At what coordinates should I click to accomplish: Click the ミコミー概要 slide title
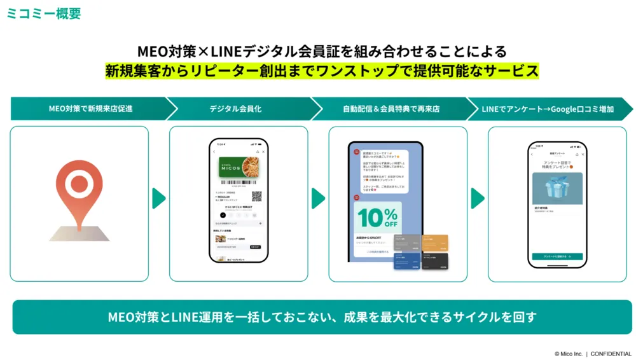click(44, 13)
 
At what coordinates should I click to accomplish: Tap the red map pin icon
click(79, 188)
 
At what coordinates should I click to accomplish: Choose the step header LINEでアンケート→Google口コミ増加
click(551, 109)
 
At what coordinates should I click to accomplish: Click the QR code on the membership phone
click(256, 197)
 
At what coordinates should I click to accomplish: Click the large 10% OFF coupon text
click(377, 218)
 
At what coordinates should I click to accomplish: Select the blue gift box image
click(557, 188)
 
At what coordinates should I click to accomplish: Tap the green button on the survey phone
click(556, 256)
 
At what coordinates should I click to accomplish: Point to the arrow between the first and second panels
click(158, 198)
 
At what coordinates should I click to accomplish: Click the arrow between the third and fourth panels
click(477, 198)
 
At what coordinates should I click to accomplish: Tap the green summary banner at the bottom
click(322, 317)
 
